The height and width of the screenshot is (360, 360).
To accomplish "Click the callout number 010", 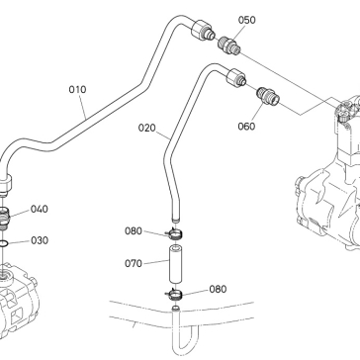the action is point(77,90).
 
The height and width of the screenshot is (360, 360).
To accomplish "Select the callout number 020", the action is point(146,128).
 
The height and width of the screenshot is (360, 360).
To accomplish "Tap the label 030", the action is point(40,240).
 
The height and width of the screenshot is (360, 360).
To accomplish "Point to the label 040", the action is point(40,209).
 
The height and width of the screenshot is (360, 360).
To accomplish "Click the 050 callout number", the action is point(247,20).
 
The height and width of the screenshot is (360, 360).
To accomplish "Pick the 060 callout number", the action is point(246,127).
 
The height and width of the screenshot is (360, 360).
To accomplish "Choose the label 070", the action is point(134,263).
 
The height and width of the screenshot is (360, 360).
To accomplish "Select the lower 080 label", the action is point(218,289).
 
